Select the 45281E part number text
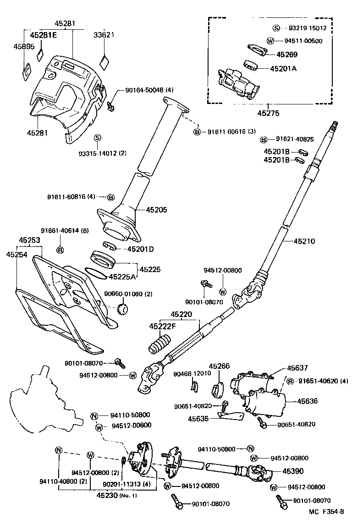point(44,35)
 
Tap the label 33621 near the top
point(104,35)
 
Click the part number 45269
point(287,55)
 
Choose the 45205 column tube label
point(157,210)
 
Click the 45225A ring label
point(122,277)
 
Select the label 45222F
point(162,326)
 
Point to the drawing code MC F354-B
point(326,512)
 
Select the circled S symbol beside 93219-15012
point(276,28)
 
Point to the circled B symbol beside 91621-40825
point(264,139)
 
